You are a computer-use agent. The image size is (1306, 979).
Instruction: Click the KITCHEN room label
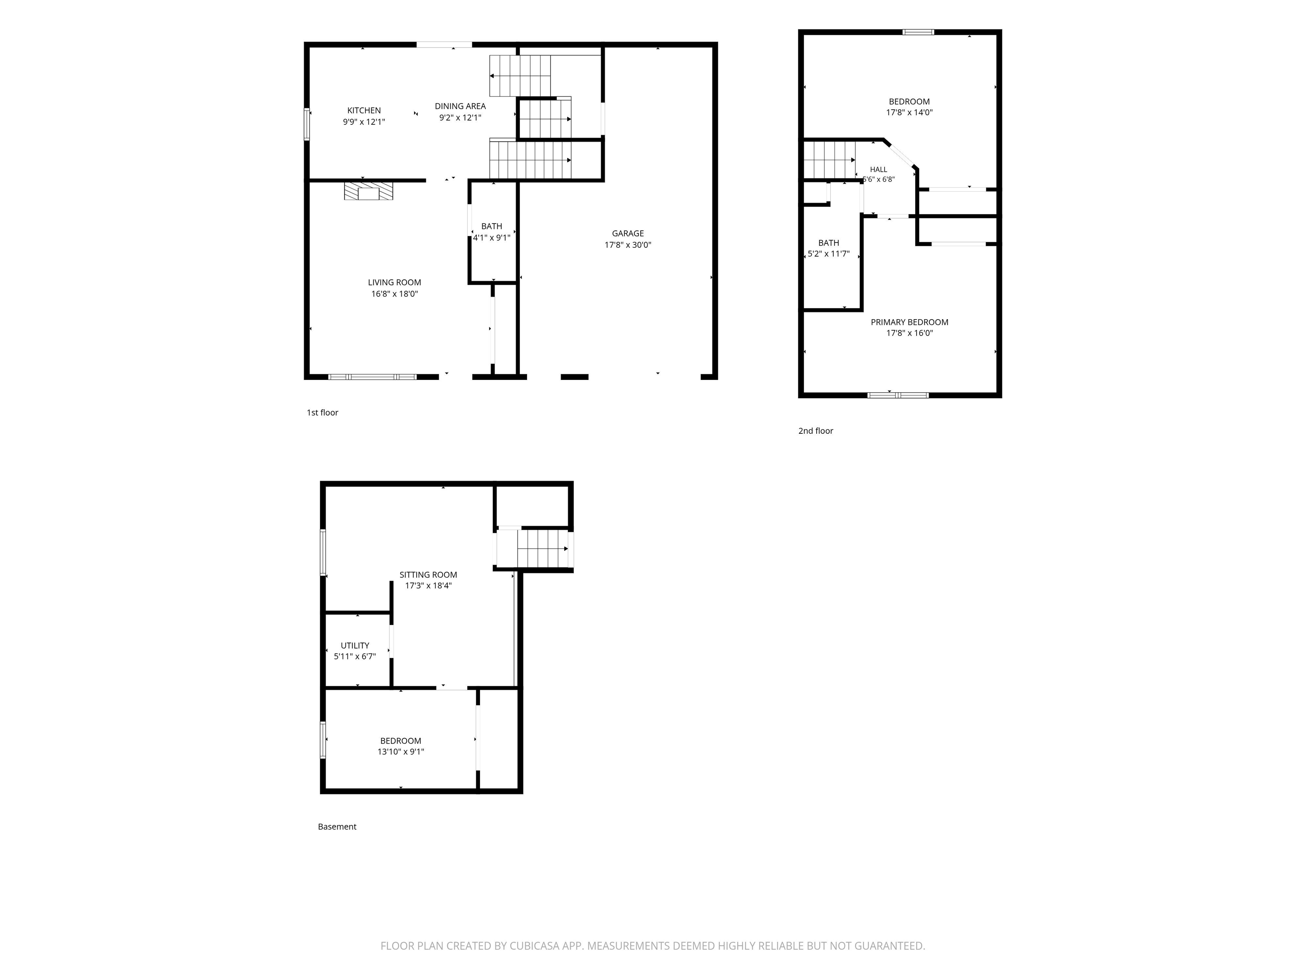[363, 110]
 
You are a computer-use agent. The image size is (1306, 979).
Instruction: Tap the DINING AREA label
[460, 106]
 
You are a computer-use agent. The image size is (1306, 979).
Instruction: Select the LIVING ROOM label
[395, 283]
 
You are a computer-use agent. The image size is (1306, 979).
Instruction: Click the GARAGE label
[627, 234]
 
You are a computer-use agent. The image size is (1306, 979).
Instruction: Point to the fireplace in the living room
[369, 191]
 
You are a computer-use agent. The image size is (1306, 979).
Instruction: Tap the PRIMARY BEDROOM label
[909, 322]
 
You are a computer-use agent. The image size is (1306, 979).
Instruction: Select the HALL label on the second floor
[879, 170]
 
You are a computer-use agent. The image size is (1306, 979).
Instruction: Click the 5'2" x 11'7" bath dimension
[828, 254]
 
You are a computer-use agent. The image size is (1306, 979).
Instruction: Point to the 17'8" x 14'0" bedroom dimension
[909, 112]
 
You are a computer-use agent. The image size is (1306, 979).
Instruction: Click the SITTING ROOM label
[428, 575]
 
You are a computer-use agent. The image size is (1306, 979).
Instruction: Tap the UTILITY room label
[355, 645]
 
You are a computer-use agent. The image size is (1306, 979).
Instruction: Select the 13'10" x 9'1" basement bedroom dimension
[401, 752]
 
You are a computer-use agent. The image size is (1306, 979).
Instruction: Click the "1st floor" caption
[322, 413]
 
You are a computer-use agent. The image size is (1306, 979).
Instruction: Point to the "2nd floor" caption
[816, 431]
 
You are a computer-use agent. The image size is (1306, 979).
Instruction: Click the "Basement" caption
[337, 827]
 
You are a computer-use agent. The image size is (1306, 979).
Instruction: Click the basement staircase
[542, 549]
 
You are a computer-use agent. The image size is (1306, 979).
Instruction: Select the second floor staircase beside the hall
[829, 160]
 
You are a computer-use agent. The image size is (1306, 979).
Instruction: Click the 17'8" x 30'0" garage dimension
[627, 245]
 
